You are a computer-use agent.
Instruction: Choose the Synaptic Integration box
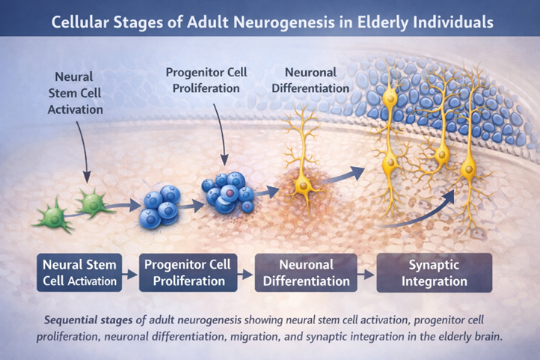[x=433, y=272]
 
